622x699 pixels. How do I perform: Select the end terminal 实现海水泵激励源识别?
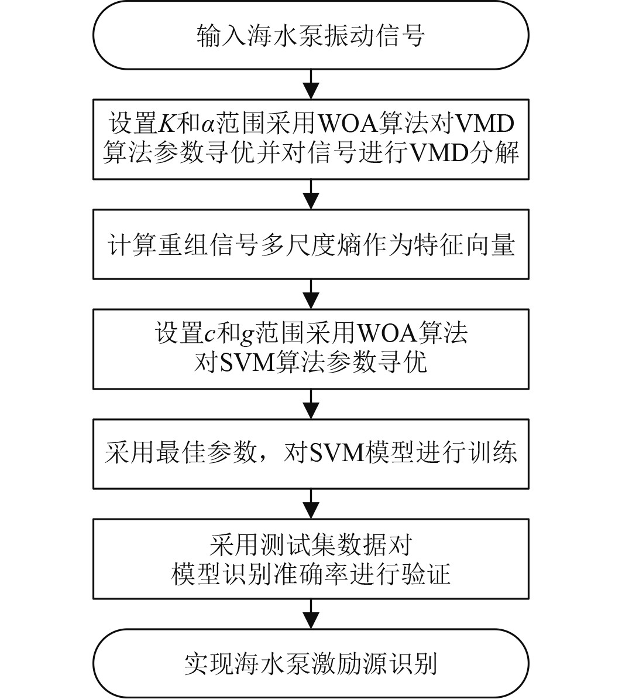[x=311, y=663]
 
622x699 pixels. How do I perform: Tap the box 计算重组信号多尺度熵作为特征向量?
[x=311, y=245]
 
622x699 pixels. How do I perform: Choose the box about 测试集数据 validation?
[x=311, y=560]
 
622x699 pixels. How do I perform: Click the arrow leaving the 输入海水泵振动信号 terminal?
[x=311, y=83]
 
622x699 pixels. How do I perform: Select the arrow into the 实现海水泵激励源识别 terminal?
[x=311, y=614]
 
